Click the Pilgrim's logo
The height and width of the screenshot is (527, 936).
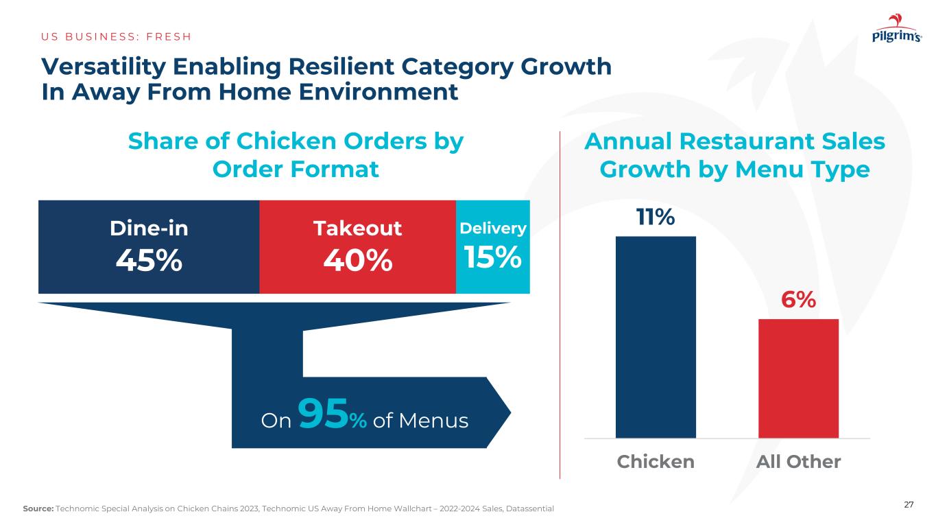coord(896,33)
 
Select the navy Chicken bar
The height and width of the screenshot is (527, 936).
coord(656,336)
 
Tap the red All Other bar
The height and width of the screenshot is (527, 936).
coord(798,378)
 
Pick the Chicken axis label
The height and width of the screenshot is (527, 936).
coord(656,462)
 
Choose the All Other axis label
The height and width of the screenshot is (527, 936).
coord(798,462)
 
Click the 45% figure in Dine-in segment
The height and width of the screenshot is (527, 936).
coord(149,260)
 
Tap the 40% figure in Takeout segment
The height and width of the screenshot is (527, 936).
coord(358,260)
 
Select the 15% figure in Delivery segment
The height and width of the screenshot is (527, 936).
coord(493,257)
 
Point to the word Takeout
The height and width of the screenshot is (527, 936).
coord(358,229)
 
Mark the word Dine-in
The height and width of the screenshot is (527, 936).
coord(149,229)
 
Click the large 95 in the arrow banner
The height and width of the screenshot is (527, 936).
coord(324,417)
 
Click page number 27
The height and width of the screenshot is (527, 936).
coord(909,505)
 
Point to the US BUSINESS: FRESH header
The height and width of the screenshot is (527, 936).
coord(117,36)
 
